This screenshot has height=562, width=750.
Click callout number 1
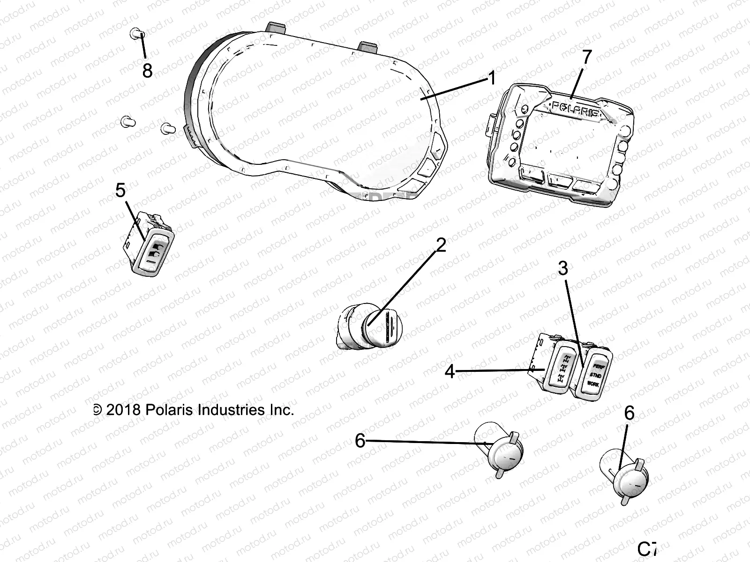491,78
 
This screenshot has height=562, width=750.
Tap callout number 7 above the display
586,57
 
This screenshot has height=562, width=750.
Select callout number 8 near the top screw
147,71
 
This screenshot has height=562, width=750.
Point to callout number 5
120,191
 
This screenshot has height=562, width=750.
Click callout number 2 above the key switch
441,244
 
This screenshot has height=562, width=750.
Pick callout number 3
563,269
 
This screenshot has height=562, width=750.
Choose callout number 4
450,372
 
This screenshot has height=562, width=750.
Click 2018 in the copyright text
123,410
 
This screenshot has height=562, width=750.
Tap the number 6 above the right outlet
630,414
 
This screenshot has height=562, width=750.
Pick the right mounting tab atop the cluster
368,47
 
